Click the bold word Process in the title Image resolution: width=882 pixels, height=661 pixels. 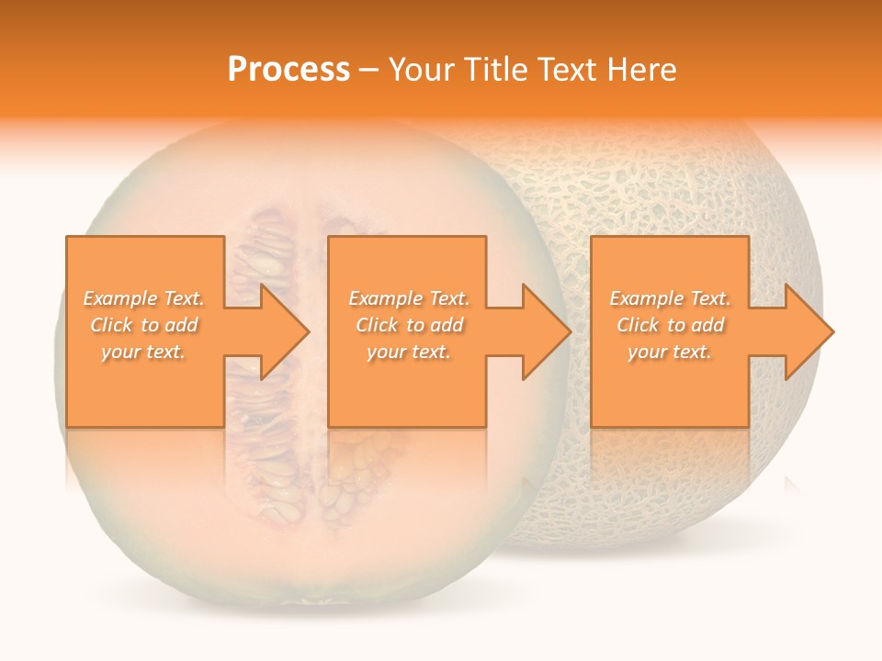pyautogui.click(x=288, y=70)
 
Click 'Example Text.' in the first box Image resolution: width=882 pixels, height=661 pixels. pyautogui.click(x=143, y=298)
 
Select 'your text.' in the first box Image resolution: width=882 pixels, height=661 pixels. pyautogui.click(x=143, y=352)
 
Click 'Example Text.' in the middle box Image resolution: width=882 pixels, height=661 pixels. pyautogui.click(x=409, y=298)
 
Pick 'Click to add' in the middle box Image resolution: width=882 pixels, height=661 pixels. pyautogui.click(x=409, y=325)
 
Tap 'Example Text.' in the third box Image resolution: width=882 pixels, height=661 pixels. pyautogui.click(x=670, y=298)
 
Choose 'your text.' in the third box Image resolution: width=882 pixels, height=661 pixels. pyautogui.click(x=670, y=352)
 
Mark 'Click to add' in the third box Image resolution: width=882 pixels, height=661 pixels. pyautogui.click(x=670, y=325)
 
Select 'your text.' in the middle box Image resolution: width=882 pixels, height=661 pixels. pyautogui.click(x=409, y=352)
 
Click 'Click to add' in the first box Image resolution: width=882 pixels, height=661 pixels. pyautogui.click(x=143, y=325)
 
